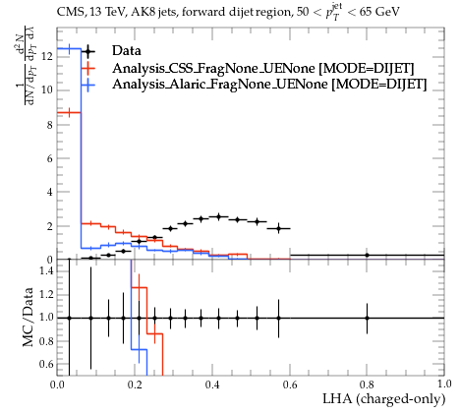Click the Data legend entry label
coord(127,51)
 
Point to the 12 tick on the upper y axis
coord(48,57)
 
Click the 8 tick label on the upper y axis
coord(50,125)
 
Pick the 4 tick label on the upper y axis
coord(50,192)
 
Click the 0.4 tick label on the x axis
coord(212,384)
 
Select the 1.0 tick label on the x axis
coord(444,384)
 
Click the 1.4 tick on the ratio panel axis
coord(46,270)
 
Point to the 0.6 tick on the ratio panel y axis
coord(46,364)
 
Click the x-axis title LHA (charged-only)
coord(384,399)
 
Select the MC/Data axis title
coord(29,317)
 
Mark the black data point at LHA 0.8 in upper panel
coord(367,255)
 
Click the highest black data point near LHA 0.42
coord(218,216)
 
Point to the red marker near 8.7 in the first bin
coord(69,113)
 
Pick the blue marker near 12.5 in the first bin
coord(69,49)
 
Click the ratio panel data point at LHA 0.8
coord(367,318)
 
